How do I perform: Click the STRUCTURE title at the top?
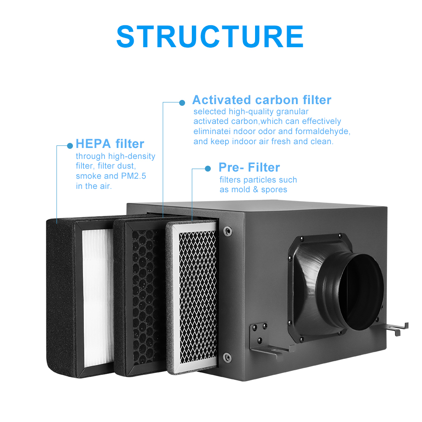[x=210, y=36]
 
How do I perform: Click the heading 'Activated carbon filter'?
[x=262, y=100]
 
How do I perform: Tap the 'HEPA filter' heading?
[x=110, y=144]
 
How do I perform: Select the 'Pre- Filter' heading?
[x=249, y=167]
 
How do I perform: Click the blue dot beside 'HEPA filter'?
[x=70, y=145]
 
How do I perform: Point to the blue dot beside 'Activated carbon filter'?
[x=182, y=102]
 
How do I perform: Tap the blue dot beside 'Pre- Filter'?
[x=208, y=169]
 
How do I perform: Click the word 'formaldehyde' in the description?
[x=322, y=132]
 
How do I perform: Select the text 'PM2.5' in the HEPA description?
[x=134, y=176]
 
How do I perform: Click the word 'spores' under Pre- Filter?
[x=274, y=190]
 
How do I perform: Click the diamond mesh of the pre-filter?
[x=198, y=296]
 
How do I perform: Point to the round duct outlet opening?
[x=360, y=293]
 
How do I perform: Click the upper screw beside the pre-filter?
[x=228, y=231]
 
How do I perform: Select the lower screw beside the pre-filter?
[x=227, y=357]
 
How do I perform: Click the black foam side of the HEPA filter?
[x=61, y=296]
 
